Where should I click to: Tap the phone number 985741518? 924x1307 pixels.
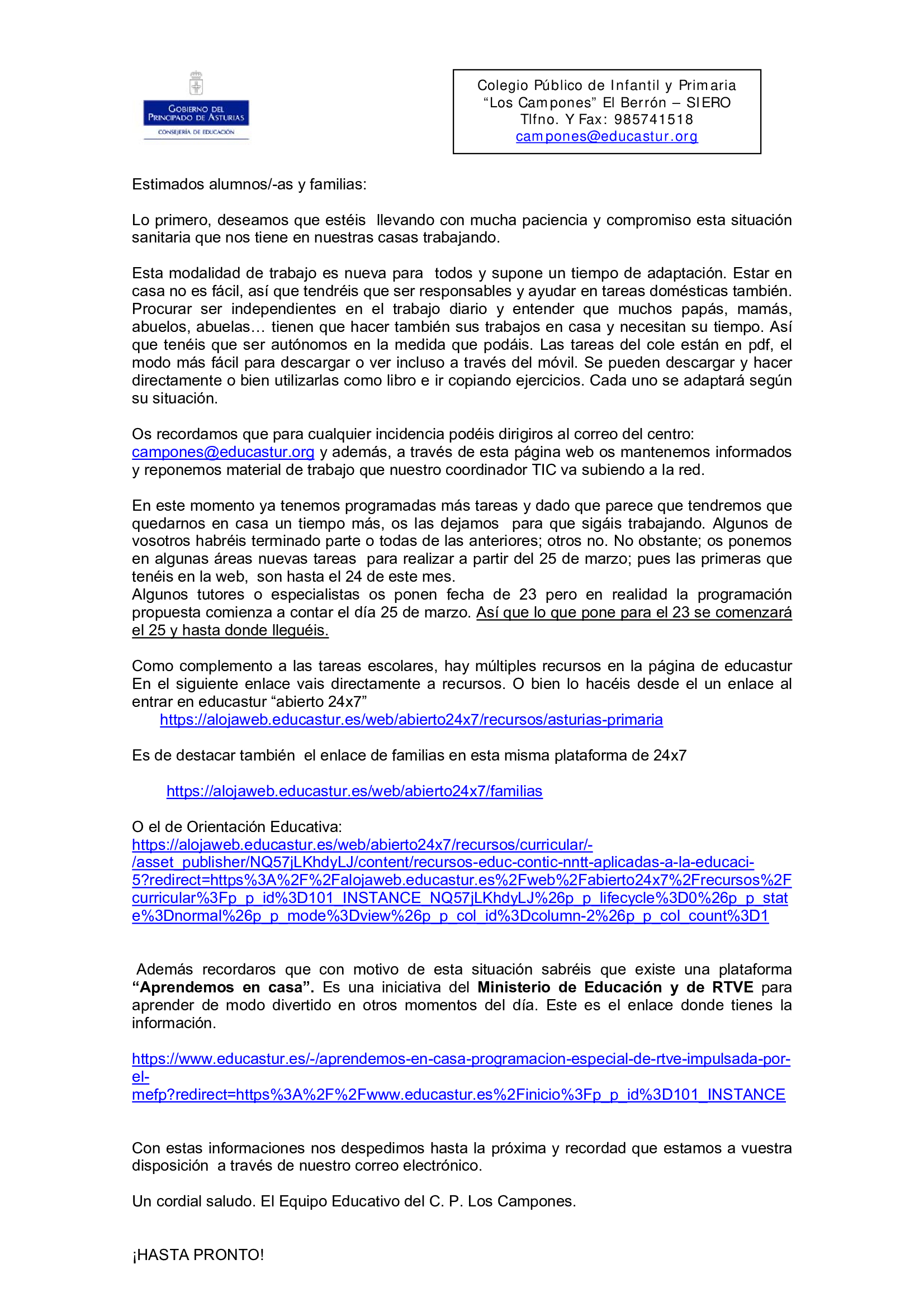point(653,120)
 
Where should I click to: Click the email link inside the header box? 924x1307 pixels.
point(606,136)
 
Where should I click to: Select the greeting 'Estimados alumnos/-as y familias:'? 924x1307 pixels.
point(249,184)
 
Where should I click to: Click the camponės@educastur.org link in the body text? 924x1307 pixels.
point(222,452)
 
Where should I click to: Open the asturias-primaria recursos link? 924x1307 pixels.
point(411,720)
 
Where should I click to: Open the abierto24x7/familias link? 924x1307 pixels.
point(354,791)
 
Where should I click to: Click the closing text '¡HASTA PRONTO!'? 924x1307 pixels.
point(197,1254)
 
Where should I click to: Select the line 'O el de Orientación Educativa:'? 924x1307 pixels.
point(237,826)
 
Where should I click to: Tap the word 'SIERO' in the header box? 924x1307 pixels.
point(708,102)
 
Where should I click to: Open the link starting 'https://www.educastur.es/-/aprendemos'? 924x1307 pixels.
point(461,1059)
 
